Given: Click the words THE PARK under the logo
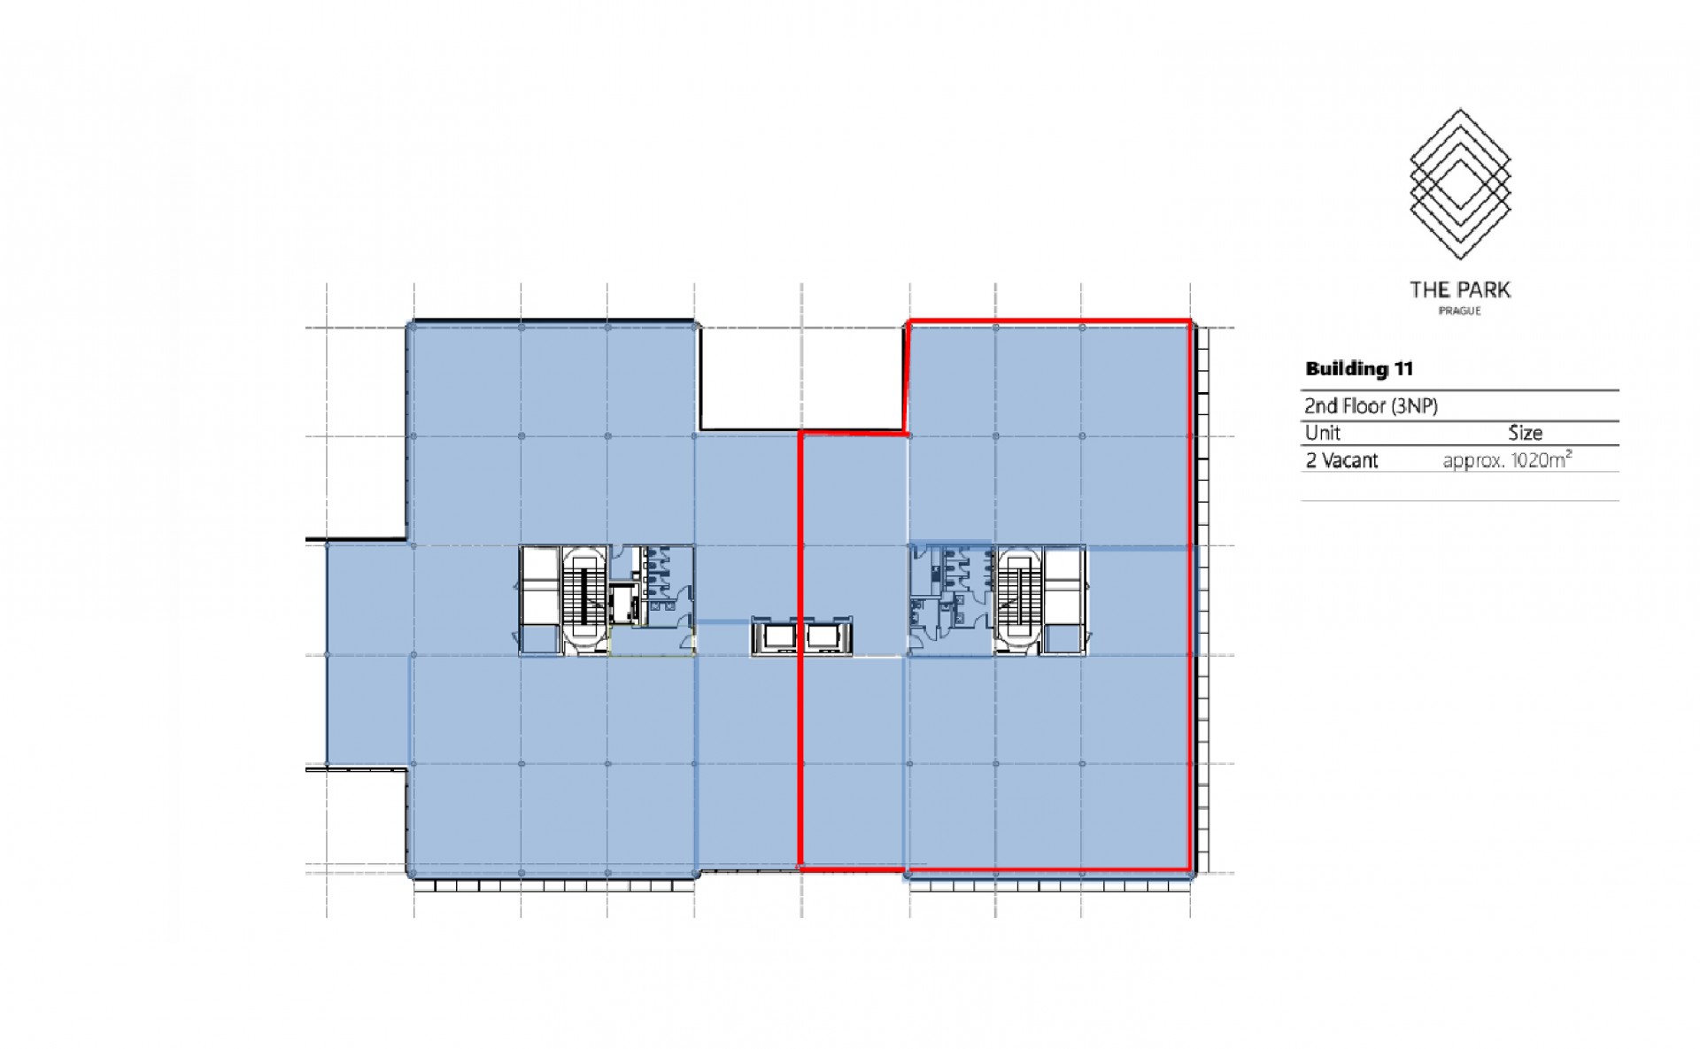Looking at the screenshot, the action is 1460,289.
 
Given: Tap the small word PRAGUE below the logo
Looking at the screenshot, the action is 1460,312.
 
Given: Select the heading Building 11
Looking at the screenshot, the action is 1359,369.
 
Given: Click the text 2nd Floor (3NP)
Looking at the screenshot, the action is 1371,406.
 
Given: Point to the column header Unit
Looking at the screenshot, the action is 1323,433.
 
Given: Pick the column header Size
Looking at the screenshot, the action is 1526,433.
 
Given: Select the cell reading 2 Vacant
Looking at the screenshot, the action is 1341,460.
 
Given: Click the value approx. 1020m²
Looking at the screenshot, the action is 1507,460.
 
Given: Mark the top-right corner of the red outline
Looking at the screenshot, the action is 1189,321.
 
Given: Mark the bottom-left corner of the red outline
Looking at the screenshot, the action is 800,869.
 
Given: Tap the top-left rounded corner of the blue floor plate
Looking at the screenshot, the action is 412,327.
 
